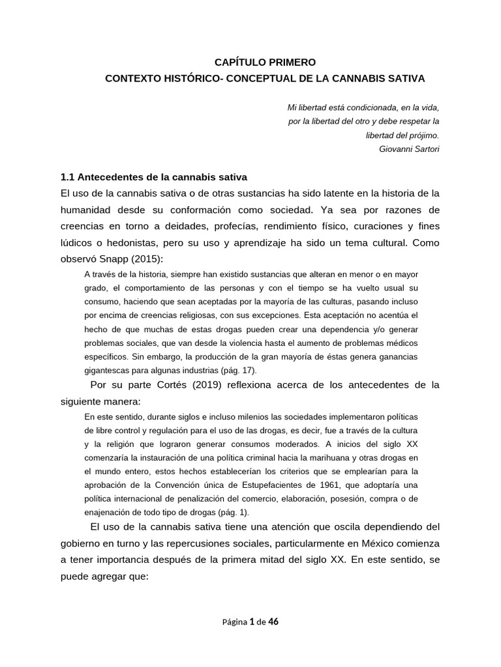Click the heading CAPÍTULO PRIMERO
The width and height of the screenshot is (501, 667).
point(265,63)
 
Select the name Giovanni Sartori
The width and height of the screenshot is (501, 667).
point(408,149)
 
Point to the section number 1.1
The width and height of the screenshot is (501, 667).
point(67,177)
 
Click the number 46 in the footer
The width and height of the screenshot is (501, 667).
point(273,622)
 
